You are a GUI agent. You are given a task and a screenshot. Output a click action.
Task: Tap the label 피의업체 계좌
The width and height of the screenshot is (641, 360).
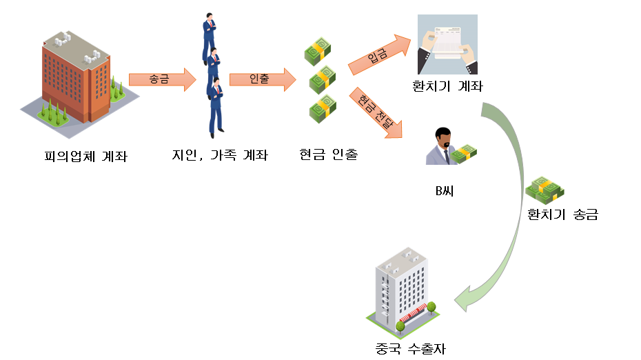point(85,157)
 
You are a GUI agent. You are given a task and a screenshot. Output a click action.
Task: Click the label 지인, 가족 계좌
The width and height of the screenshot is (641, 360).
point(219,155)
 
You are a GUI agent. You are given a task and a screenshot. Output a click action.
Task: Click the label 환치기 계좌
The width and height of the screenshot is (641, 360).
point(447,87)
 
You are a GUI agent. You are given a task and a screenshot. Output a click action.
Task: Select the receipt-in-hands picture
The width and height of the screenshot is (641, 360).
point(447,44)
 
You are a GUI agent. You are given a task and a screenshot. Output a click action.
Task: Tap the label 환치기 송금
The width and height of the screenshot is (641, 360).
point(562,214)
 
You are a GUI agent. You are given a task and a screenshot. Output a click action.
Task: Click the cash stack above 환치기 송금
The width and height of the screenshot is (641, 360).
point(545,188)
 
